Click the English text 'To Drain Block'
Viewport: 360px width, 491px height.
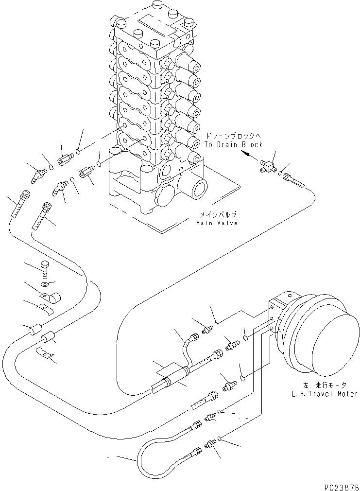pyautogui.click(x=234, y=144)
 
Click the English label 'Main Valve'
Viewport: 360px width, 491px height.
pyautogui.click(x=217, y=223)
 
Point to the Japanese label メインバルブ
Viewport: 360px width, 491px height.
pyautogui.click(x=217, y=214)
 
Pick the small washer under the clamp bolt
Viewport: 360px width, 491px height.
pyautogui.click(x=45, y=283)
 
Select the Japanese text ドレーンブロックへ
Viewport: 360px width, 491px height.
pyautogui.click(x=233, y=136)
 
